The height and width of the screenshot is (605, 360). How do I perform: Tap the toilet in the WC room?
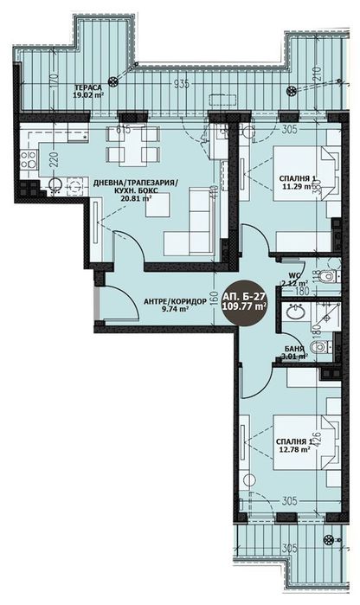click(323, 276)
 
